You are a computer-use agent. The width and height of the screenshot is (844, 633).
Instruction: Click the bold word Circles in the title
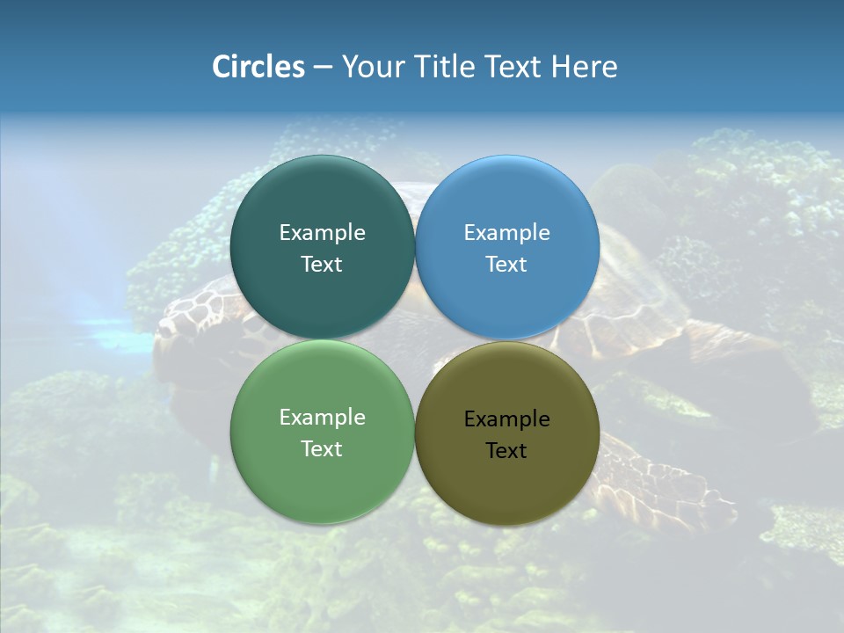258,67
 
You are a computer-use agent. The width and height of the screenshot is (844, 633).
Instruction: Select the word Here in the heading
584,67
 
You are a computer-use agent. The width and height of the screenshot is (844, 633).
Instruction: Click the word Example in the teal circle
322,233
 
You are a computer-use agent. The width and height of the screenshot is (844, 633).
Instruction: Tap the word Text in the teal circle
322,265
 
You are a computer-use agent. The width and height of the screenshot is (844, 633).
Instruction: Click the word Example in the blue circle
506,233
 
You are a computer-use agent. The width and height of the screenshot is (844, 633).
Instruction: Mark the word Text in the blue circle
506,265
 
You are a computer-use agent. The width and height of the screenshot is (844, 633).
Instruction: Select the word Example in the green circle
322,418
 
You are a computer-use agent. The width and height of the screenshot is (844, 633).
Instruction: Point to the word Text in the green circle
322,449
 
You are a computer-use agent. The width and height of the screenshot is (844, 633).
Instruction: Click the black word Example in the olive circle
506,419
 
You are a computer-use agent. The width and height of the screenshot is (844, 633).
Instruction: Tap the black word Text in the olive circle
506,451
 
